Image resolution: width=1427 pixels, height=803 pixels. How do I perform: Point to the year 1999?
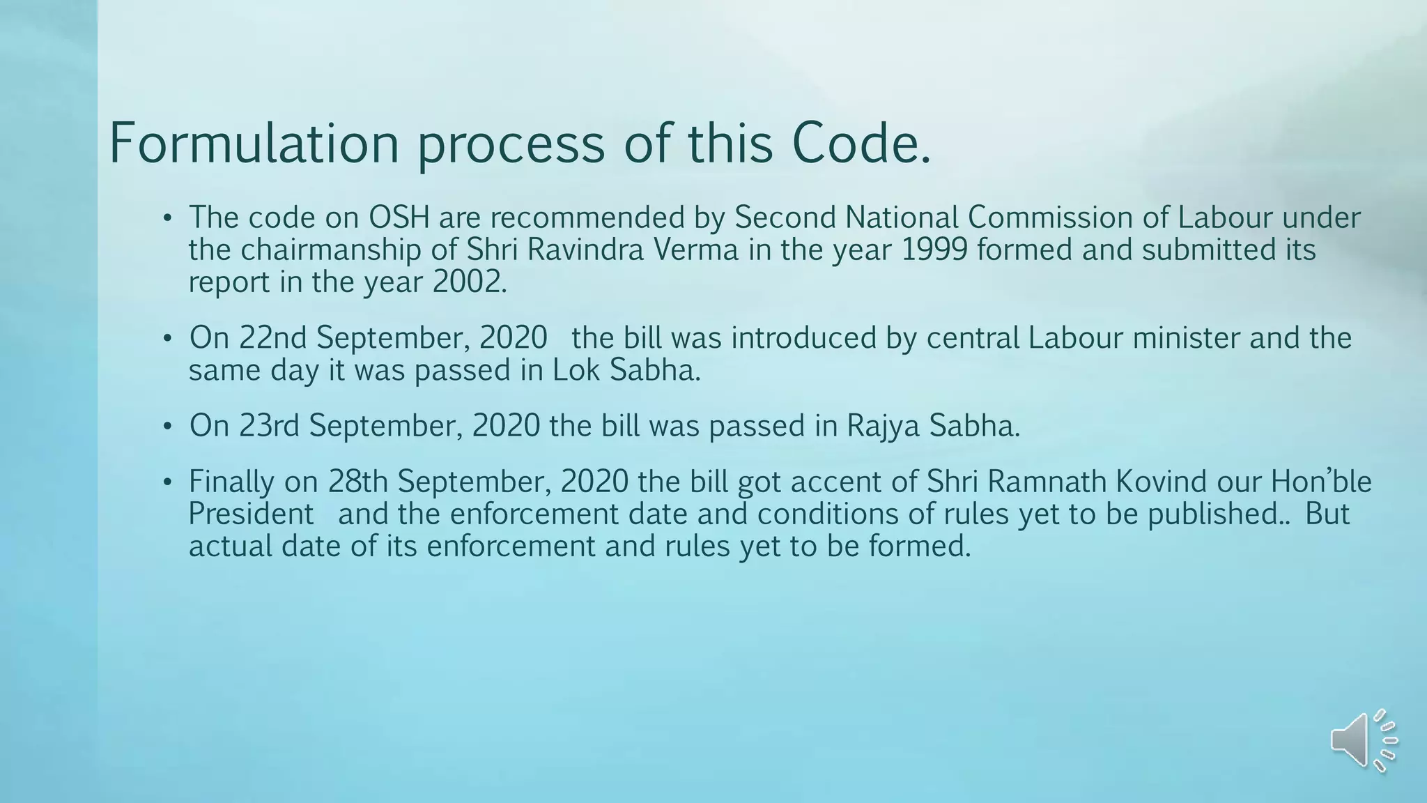(x=934, y=250)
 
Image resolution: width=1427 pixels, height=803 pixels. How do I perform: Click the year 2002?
(x=467, y=282)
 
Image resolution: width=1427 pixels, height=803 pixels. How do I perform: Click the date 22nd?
(x=272, y=338)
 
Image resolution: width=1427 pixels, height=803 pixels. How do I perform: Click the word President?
(x=251, y=514)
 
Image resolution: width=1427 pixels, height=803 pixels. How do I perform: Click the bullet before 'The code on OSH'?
(x=167, y=219)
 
